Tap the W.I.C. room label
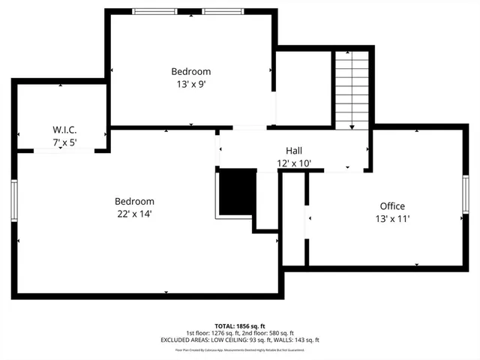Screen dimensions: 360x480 pos(64,130)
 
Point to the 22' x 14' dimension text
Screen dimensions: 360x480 pos(134,214)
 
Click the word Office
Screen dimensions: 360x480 pos(392,206)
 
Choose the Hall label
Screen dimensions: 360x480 pos(294,150)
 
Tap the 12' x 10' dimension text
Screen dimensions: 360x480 pos(294,163)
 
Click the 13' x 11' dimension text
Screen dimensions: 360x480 pos(392,219)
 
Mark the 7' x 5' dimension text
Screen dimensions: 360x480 pos(64,142)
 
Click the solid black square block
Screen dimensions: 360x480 pos(237,193)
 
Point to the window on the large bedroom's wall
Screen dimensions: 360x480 pos(13,201)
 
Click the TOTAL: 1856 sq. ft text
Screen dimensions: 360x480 pos(240,326)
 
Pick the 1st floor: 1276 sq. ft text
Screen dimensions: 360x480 pos(213,333)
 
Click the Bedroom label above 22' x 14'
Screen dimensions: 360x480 pos(134,201)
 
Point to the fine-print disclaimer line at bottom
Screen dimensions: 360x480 pos(240,349)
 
